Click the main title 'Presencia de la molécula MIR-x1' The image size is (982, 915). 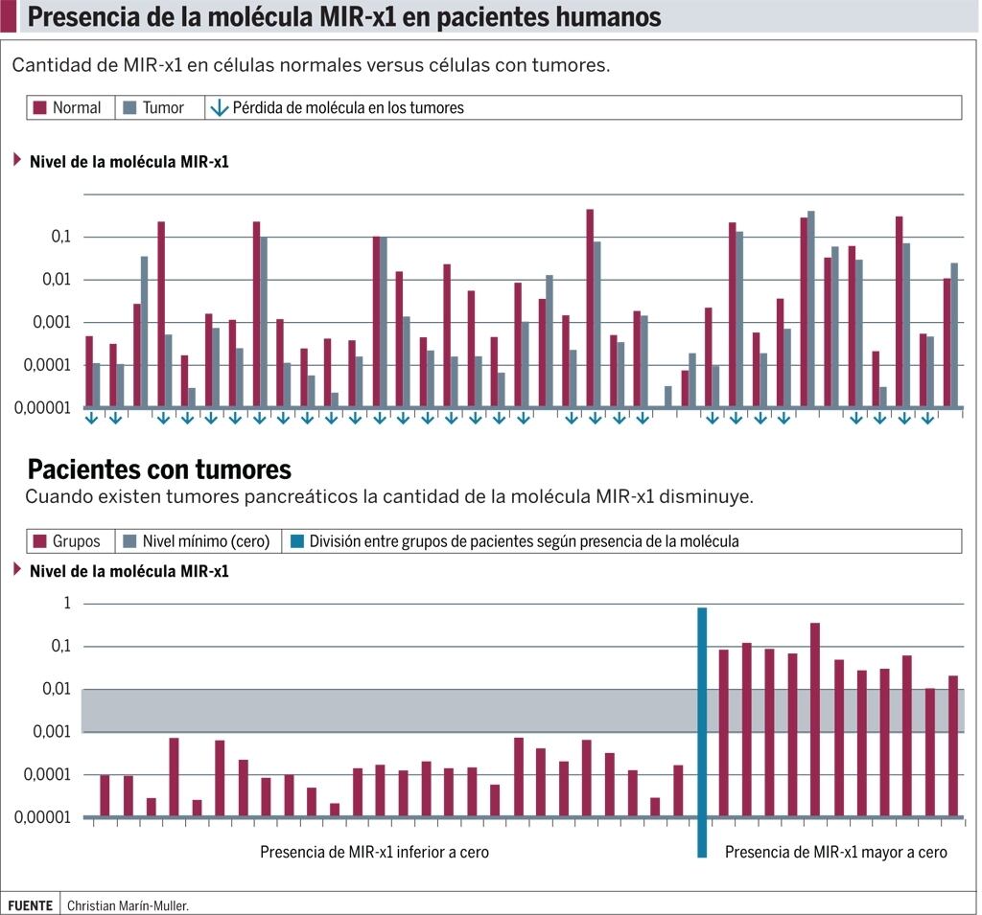(x=344, y=17)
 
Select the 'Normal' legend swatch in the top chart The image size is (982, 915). (x=40, y=108)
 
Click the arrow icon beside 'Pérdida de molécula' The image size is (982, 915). (x=220, y=108)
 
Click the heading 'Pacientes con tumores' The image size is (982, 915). (x=159, y=469)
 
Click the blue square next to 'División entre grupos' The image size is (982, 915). (x=297, y=541)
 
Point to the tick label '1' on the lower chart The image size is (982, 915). (x=67, y=604)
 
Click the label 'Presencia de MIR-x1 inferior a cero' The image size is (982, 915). (x=374, y=852)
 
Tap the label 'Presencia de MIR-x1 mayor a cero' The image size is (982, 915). (x=835, y=852)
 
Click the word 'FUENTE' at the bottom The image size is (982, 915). (x=30, y=904)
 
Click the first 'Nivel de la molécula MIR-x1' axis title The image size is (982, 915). (x=129, y=162)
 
